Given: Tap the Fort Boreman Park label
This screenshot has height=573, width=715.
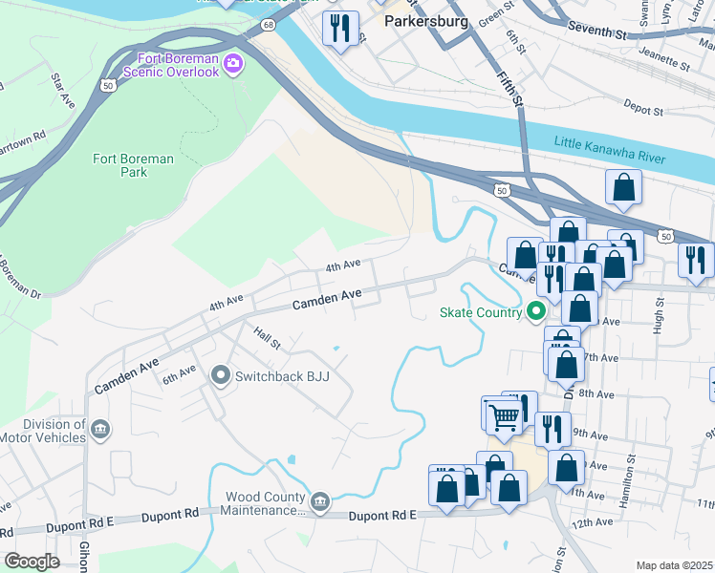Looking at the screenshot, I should tap(134, 165).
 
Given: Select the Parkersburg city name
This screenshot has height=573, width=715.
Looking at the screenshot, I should tap(424, 21).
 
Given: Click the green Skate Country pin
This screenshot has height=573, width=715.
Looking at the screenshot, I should tap(536, 311).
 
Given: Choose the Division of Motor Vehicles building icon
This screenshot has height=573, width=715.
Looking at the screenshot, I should tap(99, 431).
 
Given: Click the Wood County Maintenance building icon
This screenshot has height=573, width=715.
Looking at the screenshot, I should tap(320, 500).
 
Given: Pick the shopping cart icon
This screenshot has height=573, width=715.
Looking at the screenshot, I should tap(503, 414).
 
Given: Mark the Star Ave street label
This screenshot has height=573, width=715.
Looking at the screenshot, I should tap(63, 88).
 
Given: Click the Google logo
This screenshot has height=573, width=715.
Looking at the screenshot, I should tap(32, 562).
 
